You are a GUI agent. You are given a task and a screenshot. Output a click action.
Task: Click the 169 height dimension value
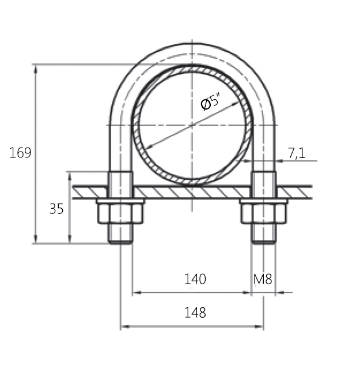pyautogui.click(x=20, y=153)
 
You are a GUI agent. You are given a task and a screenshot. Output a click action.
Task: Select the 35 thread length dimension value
pyautogui.click(x=56, y=209)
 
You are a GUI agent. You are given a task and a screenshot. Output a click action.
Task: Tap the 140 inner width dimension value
pyautogui.click(x=195, y=279)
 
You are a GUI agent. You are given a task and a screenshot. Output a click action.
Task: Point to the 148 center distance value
pyautogui.click(x=195, y=312)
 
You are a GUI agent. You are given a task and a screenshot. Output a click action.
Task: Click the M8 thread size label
pyautogui.click(x=263, y=279)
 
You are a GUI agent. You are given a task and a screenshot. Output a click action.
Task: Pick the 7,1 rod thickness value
pyautogui.click(x=297, y=153)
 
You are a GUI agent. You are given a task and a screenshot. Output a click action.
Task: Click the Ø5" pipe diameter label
pyautogui.click(x=211, y=102)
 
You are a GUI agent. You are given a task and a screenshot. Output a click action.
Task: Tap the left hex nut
pyautogui.click(x=120, y=213)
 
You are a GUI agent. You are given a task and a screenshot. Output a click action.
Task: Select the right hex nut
pyautogui.click(x=264, y=213)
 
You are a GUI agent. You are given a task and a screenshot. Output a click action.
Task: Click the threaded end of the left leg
pyautogui.click(x=120, y=234)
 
